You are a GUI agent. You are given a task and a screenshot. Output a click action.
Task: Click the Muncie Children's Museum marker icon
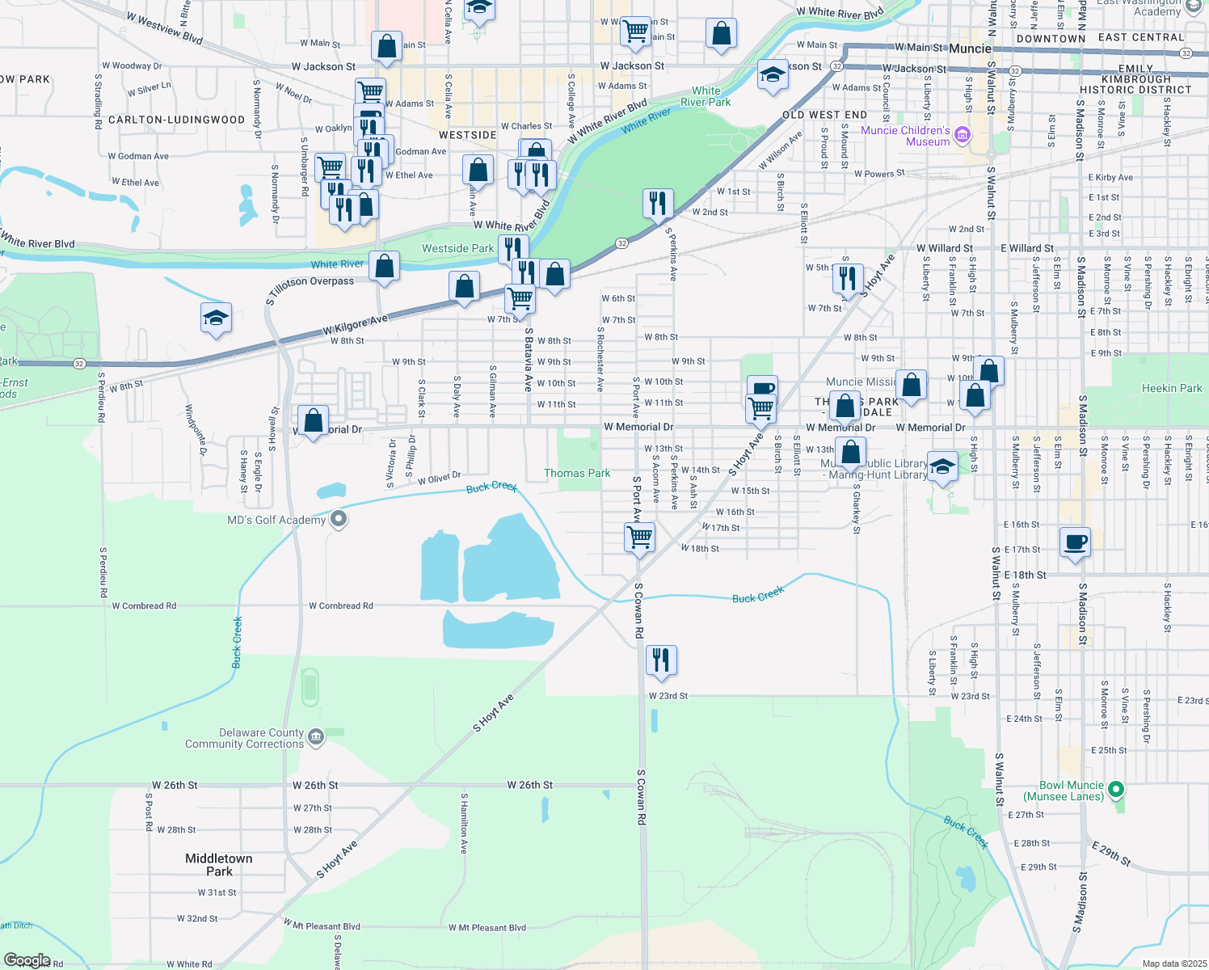pyautogui.click(x=962, y=135)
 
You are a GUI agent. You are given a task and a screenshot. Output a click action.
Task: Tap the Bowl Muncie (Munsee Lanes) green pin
pyautogui.click(x=1116, y=789)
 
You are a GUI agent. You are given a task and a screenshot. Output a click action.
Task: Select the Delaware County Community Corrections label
pyautogui.click(x=244, y=739)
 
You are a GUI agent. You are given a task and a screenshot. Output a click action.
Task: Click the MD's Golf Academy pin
pyautogui.click(x=339, y=519)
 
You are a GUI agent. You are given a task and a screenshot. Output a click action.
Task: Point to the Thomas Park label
pyautogui.click(x=577, y=473)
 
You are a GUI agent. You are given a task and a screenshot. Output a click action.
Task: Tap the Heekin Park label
pyautogui.click(x=1172, y=388)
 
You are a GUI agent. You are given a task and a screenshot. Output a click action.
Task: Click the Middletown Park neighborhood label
pyautogui.click(x=218, y=865)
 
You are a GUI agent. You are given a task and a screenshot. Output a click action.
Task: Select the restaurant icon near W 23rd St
pyautogui.click(x=661, y=660)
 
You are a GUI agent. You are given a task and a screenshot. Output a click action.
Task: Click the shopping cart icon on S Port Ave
pyautogui.click(x=639, y=536)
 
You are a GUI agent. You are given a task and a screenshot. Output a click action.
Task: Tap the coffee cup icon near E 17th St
pyautogui.click(x=1074, y=542)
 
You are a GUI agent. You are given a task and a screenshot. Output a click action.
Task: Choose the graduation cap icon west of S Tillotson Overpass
pyautogui.click(x=216, y=318)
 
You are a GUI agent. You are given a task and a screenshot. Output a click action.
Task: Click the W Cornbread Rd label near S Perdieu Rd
pyautogui.click(x=144, y=605)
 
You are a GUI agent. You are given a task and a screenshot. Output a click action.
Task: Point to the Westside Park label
pyautogui.click(x=457, y=248)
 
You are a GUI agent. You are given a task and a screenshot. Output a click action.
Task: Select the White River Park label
pyautogui.click(x=706, y=96)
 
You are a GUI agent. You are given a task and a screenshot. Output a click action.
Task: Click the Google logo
pyautogui.click(x=27, y=960)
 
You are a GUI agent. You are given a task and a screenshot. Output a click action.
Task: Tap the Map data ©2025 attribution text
pyautogui.click(x=1173, y=964)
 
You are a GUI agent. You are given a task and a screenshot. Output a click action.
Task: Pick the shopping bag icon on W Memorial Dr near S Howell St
pyautogui.click(x=313, y=420)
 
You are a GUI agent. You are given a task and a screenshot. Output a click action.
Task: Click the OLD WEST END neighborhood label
pyautogui.click(x=824, y=115)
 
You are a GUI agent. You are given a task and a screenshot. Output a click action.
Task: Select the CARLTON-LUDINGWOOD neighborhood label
pyautogui.click(x=176, y=120)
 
